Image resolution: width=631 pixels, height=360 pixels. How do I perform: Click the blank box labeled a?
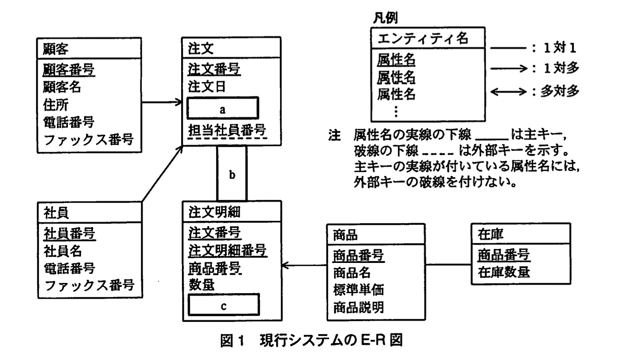click(222, 108)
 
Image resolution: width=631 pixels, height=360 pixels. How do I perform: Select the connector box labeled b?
click(232, 174)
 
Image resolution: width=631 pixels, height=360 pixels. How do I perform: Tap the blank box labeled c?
click(224, 305)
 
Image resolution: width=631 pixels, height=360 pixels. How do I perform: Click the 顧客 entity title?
click(55, 49)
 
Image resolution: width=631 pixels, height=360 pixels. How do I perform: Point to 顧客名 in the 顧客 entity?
click(62, 86)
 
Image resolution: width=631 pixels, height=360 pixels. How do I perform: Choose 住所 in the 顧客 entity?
click(55, 105)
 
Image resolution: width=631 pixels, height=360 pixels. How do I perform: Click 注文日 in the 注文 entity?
click(207, 86)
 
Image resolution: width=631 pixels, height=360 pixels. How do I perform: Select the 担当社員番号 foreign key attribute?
click(227, 130)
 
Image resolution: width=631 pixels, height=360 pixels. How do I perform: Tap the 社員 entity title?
click(56, 213)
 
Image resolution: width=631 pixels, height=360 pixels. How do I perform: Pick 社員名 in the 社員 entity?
click(62, 251)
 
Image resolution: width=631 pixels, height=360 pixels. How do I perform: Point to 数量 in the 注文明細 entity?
click(202, 284)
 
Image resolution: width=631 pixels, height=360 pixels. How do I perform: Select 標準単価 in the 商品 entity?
click(358, 290)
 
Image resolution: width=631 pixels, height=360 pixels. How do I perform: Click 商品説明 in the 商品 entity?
click(358, 307)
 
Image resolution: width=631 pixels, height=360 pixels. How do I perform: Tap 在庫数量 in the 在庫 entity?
click(504, 272)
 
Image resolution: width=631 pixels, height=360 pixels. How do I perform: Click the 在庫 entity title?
click(490, 234)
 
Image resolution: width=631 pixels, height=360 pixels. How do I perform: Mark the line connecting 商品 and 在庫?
click(448, 264)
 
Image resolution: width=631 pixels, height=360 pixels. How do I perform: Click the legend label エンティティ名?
click(423, 38)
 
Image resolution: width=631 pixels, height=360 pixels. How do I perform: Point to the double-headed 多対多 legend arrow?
click(508, 92)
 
